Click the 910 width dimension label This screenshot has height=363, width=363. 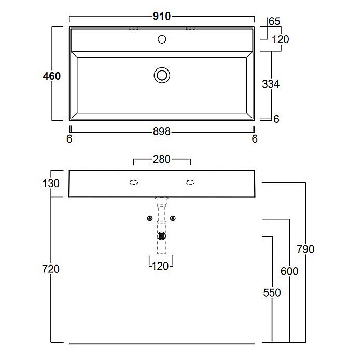tap(162, 16)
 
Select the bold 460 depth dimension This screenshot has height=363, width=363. tap(52, 76)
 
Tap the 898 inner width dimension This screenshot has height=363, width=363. tap(162, 132)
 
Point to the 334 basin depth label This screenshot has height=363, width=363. tap(271, 84)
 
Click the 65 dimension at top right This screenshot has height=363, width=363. tap(274, 21)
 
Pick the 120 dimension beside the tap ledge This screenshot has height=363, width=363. tap(281, 39)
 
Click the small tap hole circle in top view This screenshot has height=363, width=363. tap(162, 39)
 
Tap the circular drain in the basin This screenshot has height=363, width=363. tap(162, 75)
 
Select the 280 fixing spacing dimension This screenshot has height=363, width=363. tap(162, 159)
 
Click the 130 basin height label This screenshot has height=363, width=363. tap(51, 184)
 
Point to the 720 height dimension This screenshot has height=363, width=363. tap(51, 269)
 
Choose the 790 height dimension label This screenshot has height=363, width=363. tap(305, 249)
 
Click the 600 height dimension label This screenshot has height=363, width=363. tap(289, 271)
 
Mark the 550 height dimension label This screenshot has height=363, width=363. tap(272, 292)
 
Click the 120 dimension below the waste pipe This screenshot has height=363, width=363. tap(160, 266)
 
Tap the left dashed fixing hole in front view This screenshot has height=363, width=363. tap(134, 183)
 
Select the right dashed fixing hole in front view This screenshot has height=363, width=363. tap(190, 183)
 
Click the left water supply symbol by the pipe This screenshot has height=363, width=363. tap(150, 218)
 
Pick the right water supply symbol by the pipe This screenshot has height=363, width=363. tap(173, 218)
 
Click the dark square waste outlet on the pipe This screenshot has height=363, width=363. tap(161, 236)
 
